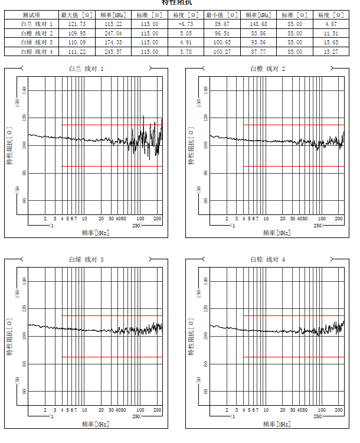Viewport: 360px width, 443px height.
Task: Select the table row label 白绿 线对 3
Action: (37, 43)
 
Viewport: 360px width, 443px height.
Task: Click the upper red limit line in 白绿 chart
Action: (112, 315)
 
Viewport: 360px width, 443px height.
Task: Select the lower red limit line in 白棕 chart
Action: (293, 357)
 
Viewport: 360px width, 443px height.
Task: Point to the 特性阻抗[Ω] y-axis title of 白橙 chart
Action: (190, 145)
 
